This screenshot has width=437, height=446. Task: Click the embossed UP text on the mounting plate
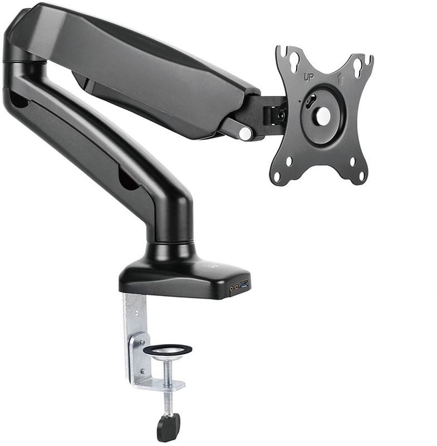[x=308, y=77]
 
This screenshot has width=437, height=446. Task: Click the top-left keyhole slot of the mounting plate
[x=294, y=60]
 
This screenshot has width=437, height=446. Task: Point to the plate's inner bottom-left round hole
[x=289, y=162]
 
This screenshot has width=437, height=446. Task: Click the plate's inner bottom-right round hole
[x=353, y=162]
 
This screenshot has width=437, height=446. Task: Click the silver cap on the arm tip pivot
[x=245, y=133]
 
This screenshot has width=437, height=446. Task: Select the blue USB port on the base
[x=244, y=284]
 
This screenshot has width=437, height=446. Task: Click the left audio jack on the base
[x=232, y=288]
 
